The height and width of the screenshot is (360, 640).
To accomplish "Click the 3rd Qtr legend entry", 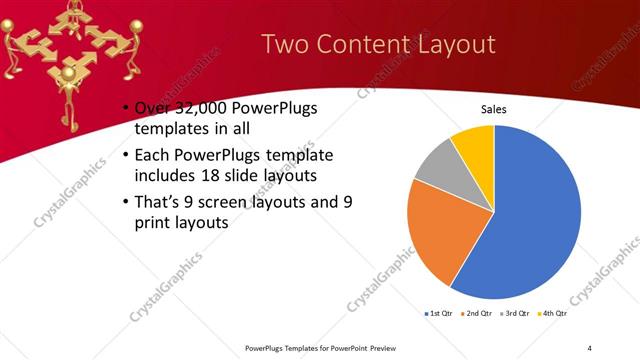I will (517, 315).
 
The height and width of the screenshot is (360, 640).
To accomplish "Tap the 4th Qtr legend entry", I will (555, 315).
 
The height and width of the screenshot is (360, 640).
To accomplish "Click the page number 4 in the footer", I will (590, 347).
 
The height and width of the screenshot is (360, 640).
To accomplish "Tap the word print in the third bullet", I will (153, 223).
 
